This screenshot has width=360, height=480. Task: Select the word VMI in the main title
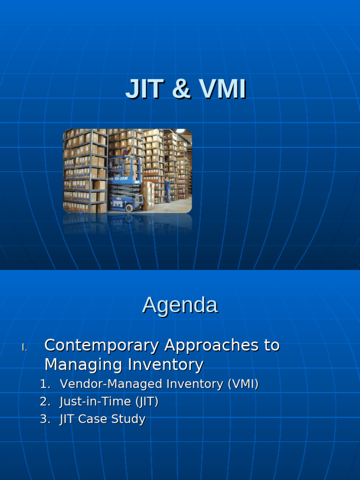point(222,90)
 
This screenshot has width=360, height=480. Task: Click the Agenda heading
point(180,305)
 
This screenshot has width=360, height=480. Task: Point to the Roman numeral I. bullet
point(24,348)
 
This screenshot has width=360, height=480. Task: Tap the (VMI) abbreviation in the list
point(243,384)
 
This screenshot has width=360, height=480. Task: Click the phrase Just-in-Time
point(95,402)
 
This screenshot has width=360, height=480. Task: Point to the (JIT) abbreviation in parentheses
point(147,402)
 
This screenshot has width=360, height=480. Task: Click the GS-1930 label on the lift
point(121,179)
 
